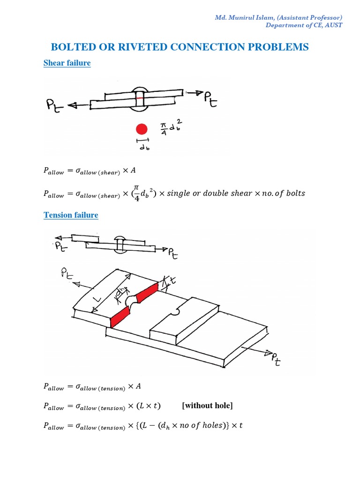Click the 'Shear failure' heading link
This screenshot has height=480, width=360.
[67, 63]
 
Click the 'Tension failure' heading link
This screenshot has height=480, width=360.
[71, 215]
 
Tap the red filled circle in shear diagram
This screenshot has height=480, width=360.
[142, 129]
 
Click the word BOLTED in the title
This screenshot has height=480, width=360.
[71, 47]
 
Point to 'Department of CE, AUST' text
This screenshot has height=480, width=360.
[304, 25]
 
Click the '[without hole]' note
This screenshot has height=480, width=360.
[207, 405]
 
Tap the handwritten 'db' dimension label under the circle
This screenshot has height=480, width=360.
[142, 147]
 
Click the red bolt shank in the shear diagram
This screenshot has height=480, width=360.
[139, 100]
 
